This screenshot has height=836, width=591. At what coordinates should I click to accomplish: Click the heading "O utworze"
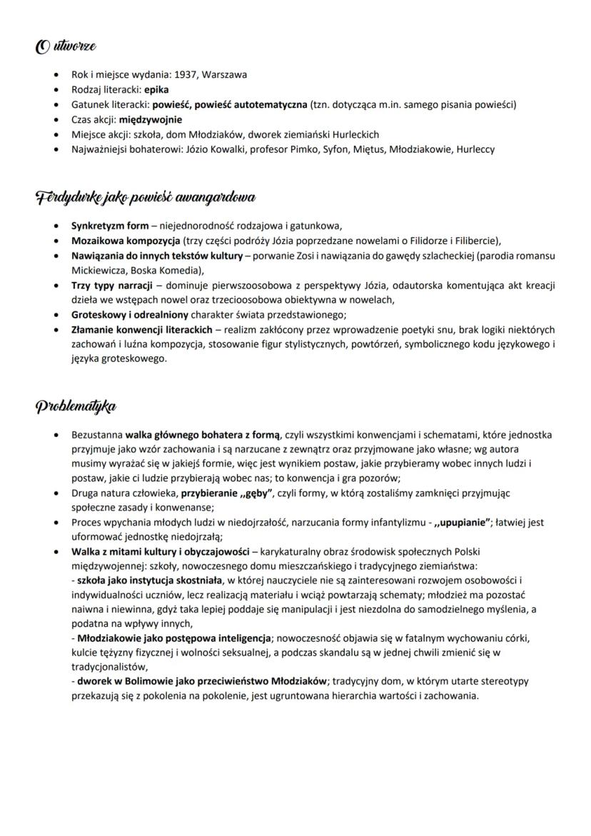click(x=66, y=47)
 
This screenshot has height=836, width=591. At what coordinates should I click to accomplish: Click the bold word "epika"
click(x=156, y=89)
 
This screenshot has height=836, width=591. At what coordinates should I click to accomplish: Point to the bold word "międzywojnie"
click(x=150, y=119)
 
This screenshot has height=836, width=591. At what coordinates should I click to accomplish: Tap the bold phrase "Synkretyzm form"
click(x=110, y=226)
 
